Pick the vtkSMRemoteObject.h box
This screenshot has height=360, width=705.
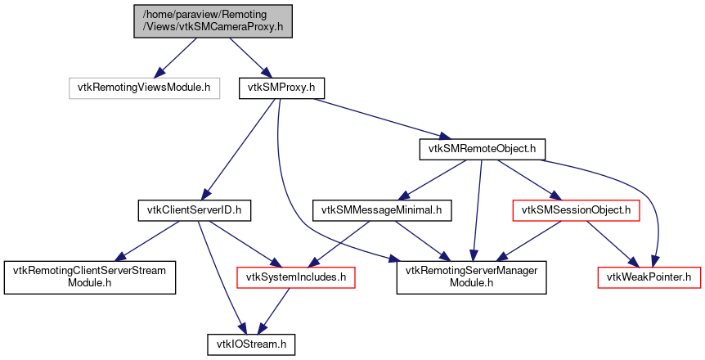tap(482, 149)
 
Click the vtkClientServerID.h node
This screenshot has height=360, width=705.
tap(193, 211)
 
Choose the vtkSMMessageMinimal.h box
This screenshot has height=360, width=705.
tap(381, 211)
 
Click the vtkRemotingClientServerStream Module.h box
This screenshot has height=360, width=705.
tap(90, 278)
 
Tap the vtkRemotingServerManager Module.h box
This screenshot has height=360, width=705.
tap(472, 278)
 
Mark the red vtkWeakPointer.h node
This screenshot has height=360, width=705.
tap(649, 278)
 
